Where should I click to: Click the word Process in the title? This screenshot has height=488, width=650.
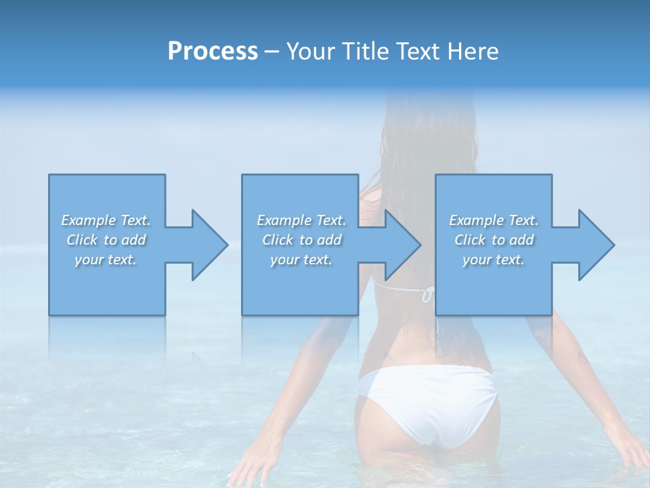click(213, 52)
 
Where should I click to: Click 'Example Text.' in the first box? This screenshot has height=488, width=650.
click(106, 220)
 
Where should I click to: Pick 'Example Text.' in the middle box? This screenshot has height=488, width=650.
click(301, 220)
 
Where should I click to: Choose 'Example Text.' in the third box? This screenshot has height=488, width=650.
click(494, 220)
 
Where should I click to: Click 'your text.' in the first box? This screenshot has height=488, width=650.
click(106, 260)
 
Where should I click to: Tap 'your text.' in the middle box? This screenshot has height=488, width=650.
click(301, 260)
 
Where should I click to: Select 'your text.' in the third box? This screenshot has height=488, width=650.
click(494, 260)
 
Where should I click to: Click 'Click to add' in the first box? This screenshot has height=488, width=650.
click(106, 240)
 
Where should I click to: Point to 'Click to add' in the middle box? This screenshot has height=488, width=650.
click(301, 240)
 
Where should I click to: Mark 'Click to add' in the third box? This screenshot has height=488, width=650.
click(494, 240)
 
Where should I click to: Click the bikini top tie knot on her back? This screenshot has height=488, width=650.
click(427, 295)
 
